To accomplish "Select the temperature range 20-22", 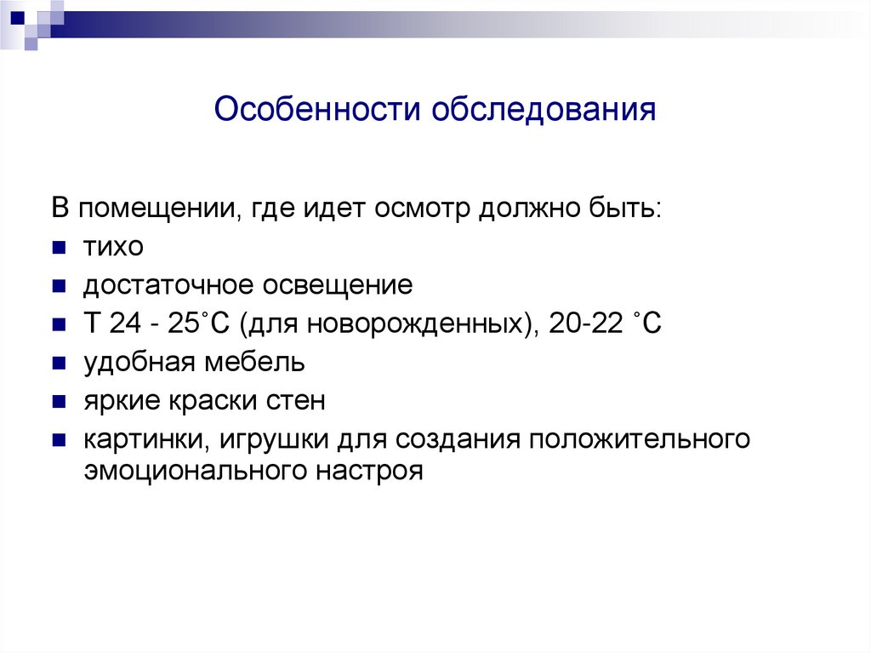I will [x=579, y=324].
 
